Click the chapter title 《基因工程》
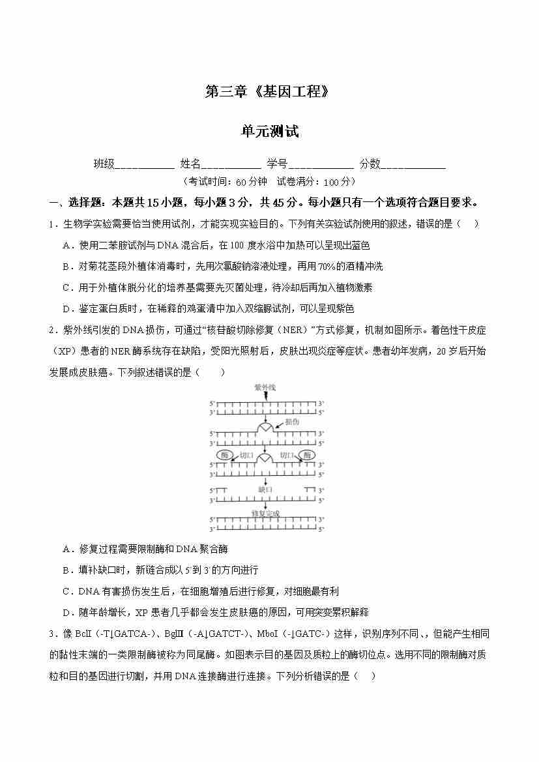(x=292, y=92)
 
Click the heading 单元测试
(x=269, y=131)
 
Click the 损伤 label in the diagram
(x=292, y=422)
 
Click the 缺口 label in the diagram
(x=265, y=489)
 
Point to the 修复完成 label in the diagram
(x=265, y=514)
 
